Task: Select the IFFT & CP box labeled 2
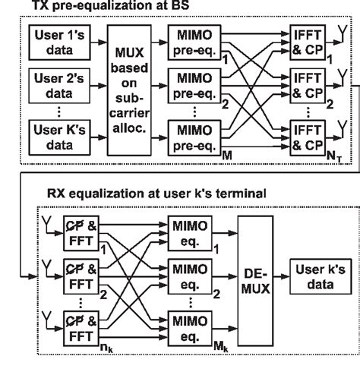point(308,85)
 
